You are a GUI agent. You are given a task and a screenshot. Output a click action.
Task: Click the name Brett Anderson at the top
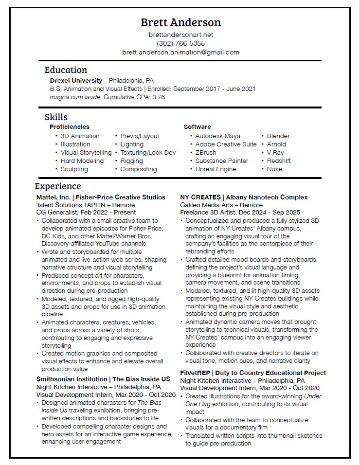tap(180, 22)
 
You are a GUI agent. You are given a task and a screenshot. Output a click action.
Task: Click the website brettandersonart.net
tap(180, 35)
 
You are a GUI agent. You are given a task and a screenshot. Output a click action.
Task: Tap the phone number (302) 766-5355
tap(180, 44)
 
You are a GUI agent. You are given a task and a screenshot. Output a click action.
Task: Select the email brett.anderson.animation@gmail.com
tap(180, 53)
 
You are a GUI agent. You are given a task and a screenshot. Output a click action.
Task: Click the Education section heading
tap(66, 70)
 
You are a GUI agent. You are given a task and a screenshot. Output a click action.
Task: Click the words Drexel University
tap(75, 80)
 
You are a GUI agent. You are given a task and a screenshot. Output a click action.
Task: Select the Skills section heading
tap(56, 117)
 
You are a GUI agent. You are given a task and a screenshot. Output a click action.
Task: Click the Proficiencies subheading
tap(69, 127)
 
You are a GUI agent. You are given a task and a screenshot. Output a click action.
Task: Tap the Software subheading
tap(197, 127)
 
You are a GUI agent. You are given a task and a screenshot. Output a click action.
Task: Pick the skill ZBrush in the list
tap(206, 153)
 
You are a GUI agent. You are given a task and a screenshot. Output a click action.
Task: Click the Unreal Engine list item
tap(216, 169)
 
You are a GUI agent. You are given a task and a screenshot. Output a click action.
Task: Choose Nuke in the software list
tap(274, 169)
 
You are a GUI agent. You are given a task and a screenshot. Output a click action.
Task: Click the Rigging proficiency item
tap(131, 161)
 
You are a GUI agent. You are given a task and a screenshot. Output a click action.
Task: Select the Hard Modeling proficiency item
tap(82, 161)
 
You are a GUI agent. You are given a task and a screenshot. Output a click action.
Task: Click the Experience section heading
tap(58, 186)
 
